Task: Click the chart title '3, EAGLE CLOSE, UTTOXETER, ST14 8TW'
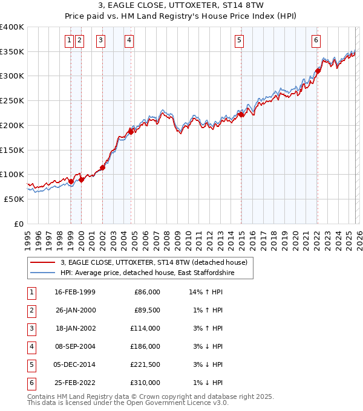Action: point(181,7)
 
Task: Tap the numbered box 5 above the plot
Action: point(240,40)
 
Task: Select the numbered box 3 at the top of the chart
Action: point(100,40)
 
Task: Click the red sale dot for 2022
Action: point(318,71)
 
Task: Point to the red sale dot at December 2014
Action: point(240,114)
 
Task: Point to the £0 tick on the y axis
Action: point(18,224)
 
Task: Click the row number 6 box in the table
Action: point(31,383)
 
